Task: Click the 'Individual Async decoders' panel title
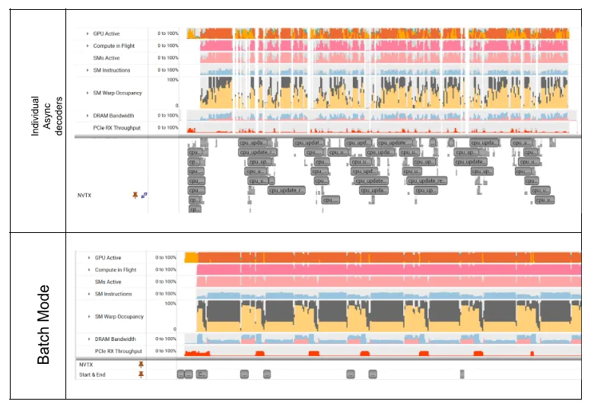[x=46, y=116]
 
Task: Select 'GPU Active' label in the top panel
[x=106, y=33]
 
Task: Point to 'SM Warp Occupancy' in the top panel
[x=117, y=93]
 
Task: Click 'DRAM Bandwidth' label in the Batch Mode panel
[x=115, y=339]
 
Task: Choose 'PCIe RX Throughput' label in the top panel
[x=117, y=128]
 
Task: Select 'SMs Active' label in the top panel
[x=106, y=58]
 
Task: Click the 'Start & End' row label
[x=93, y=374]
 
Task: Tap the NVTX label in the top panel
[x=84, y=196]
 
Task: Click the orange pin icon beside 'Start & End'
[x=141, y=374]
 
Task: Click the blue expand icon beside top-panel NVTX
[x=145, y=196]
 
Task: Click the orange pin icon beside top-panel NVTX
[x=135, y=196]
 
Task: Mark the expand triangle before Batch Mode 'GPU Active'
[x=88, y=258]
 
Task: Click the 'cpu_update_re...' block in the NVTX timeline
[x=427, y=181]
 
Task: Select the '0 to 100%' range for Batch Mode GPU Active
[x=167, y=258]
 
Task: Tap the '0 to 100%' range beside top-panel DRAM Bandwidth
[x=168, y=116]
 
